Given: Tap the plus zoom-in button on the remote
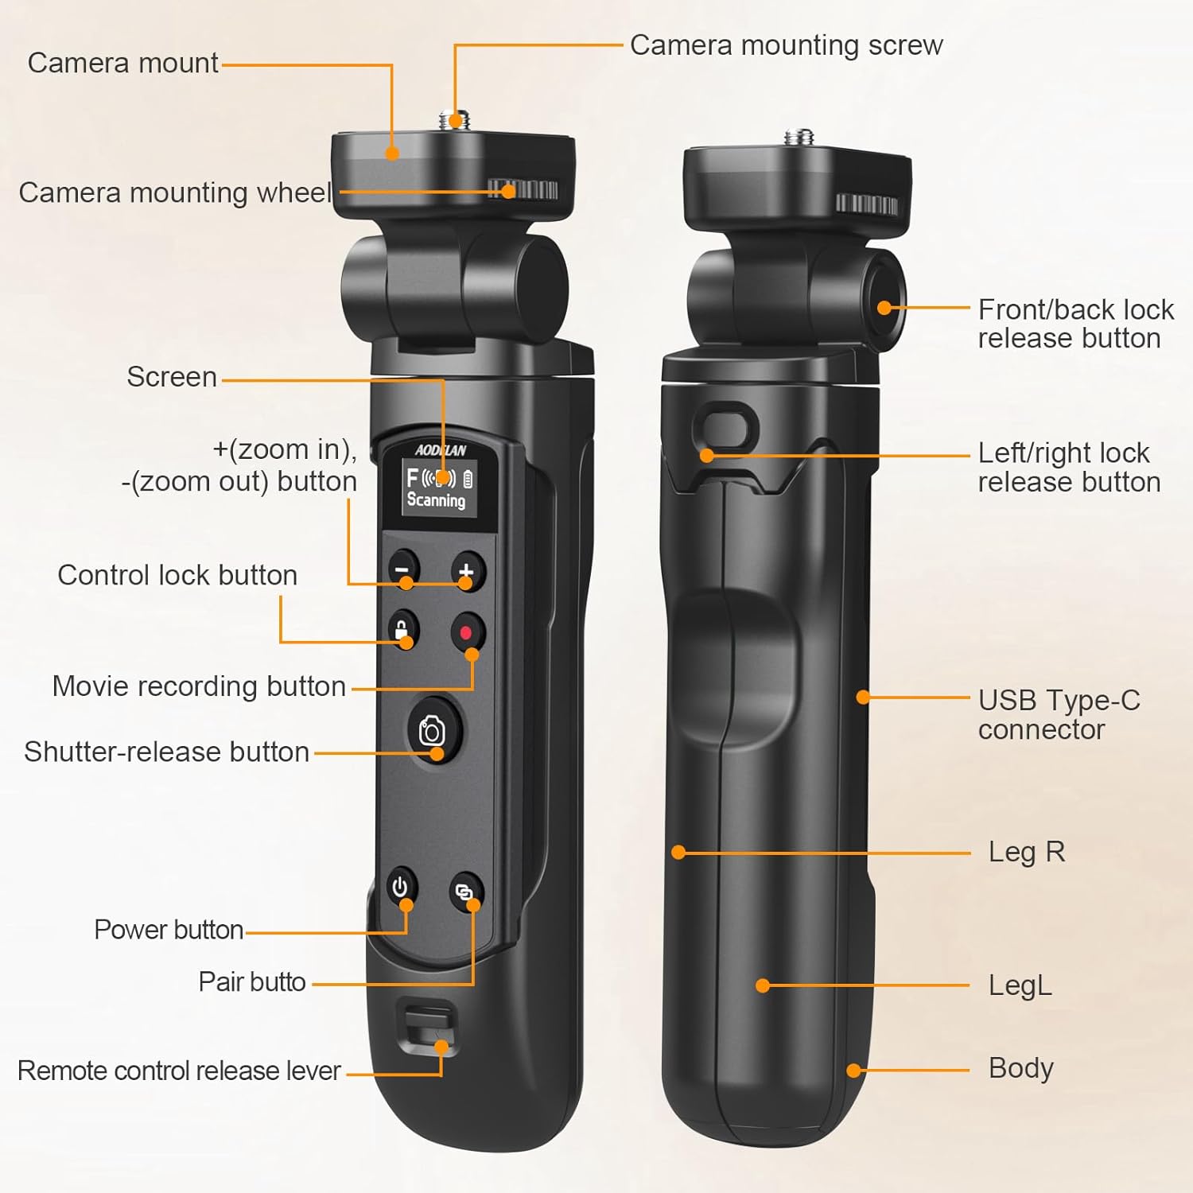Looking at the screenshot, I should (x=467, y=570).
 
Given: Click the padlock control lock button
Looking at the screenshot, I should (x=402, y=629).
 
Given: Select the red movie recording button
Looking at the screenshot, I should (x=467, y=633).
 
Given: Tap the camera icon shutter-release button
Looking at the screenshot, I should (x=433, y=730).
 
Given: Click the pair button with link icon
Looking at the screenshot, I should (x=465, y=892).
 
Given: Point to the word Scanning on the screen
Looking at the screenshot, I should (x=436, y=500).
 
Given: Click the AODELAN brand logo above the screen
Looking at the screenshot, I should (x=441, y=450).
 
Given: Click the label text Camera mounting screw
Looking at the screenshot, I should (x=786, y=45).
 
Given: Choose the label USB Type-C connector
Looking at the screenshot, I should (x=1059, y=714).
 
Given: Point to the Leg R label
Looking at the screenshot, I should (x=1026, y=852).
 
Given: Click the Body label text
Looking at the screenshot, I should (x=1020, y=1068).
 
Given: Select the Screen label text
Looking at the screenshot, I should (x=172, y=376).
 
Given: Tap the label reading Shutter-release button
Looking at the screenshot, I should (x=167, y=752).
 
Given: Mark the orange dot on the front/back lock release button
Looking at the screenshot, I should (x=884, y=308).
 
